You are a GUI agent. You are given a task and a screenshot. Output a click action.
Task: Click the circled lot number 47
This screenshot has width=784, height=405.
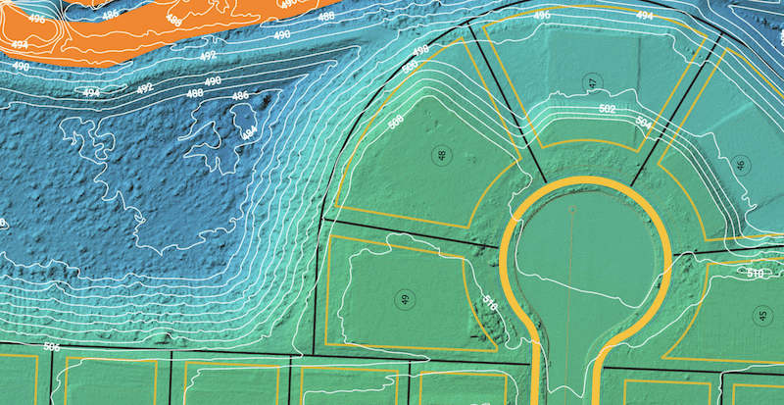(x=592, y=82)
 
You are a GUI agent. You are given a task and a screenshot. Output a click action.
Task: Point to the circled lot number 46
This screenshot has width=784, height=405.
(x=740, y=165)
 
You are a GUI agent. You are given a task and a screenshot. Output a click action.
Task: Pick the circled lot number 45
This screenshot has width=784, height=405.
(x=761, y=315)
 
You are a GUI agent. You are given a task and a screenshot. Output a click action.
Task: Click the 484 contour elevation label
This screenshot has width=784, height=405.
(x=248, y=130)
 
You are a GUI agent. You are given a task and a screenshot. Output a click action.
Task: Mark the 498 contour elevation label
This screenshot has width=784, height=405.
(x=420, y=50)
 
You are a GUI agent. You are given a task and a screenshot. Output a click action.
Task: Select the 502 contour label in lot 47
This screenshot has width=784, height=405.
(x=607, y=109)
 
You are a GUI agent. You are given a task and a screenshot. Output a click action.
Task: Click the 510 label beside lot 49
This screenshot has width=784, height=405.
(x=489, y=305)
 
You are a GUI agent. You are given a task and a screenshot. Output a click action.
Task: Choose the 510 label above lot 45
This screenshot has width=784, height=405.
(x=755, y=273)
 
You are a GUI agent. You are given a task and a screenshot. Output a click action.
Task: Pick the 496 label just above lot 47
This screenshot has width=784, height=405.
(x=542, y=18)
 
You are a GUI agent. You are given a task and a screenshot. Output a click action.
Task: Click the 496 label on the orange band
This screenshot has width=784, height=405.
(x=36, y=18)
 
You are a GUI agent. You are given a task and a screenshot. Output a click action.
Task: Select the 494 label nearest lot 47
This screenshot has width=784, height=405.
(x=644, y=17)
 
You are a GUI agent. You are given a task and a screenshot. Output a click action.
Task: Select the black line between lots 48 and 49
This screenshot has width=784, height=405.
(x=412, y=231)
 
